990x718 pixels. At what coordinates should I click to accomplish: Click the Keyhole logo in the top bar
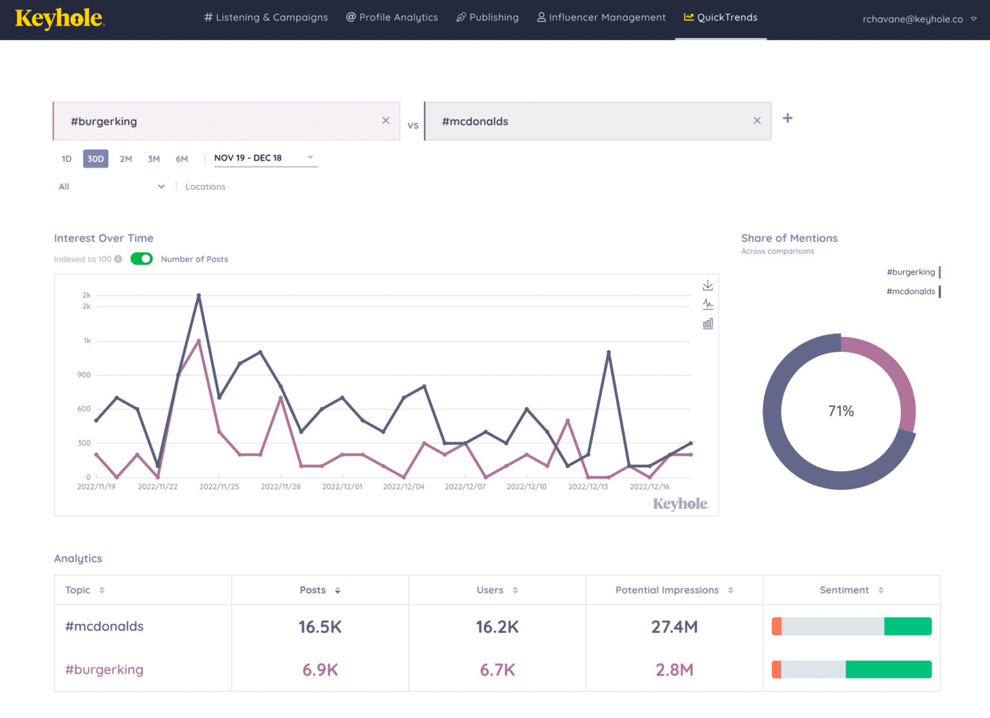click(59, 19)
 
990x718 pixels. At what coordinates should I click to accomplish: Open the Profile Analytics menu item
click(392, 17)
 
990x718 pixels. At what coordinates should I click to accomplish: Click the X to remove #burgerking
click(385, 121)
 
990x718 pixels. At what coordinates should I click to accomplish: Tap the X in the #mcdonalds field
click(757, 121)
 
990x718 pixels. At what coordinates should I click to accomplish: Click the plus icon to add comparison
click(787, 118)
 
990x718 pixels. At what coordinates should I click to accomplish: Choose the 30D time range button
click(95, 159)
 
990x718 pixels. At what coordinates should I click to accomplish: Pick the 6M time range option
click(182, 159)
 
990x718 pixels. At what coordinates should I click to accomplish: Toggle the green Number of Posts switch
click(141, 259)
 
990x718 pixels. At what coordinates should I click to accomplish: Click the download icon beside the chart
click(708, 285)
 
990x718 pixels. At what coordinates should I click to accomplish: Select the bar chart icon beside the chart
click(708, 324)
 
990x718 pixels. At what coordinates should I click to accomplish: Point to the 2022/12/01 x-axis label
click(342, 487)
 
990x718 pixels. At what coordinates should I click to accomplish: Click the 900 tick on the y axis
click(84, 374)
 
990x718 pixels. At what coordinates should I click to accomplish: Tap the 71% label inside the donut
click(840, 411)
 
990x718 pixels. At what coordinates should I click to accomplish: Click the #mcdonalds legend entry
click(911, 291)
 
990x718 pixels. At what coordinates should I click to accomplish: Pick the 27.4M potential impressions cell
click(674, 626)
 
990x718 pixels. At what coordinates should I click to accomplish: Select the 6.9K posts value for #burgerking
click(320, 670)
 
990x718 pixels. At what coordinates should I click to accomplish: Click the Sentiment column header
click(844, 590)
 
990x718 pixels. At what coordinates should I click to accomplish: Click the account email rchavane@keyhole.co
click(913, 19)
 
